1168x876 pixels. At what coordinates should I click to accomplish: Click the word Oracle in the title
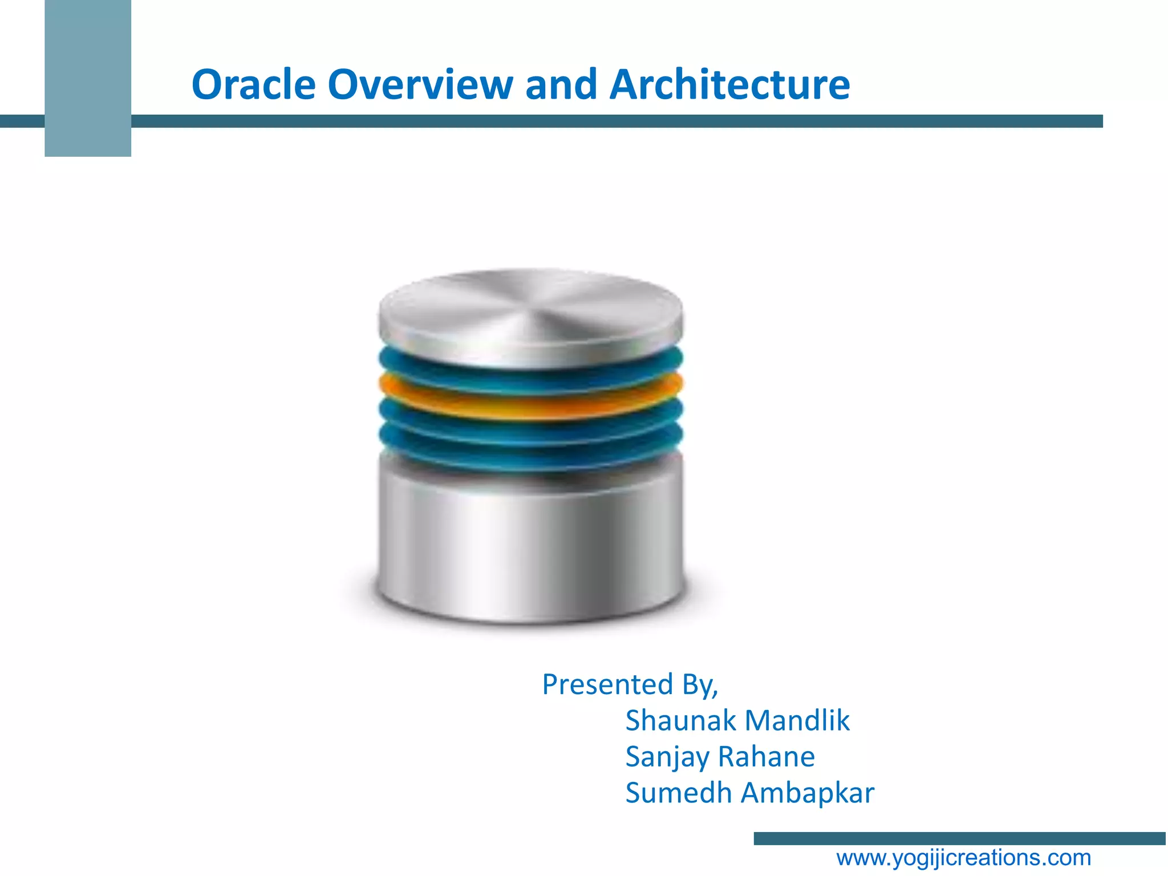point(253,84)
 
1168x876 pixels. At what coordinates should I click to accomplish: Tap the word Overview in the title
point(420,84)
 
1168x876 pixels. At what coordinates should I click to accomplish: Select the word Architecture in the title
point(729,84)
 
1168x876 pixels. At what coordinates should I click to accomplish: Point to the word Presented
point(607,684)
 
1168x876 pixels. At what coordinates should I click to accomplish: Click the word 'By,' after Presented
point(700,686)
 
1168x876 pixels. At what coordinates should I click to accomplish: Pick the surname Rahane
point(766,757)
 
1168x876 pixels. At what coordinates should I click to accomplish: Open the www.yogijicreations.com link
point(963,858)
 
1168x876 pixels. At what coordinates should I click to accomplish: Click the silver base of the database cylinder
point(530,547)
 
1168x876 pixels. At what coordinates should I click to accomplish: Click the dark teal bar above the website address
point(959,838)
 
